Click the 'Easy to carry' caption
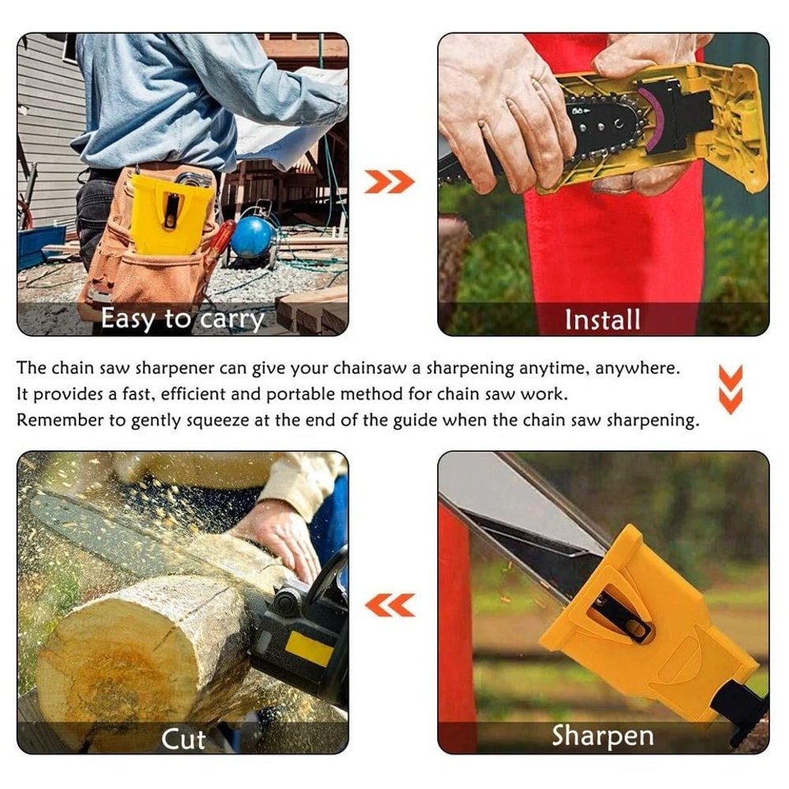click(x=181, y=319)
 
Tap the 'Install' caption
click(x=603, y=320)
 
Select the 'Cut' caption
click(x=184, y=739)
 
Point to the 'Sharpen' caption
click(x=603, y=735)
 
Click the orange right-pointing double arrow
click(x=389, y=182)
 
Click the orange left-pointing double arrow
click(x=390, y=605)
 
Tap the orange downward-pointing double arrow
click(x=731, y=389)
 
